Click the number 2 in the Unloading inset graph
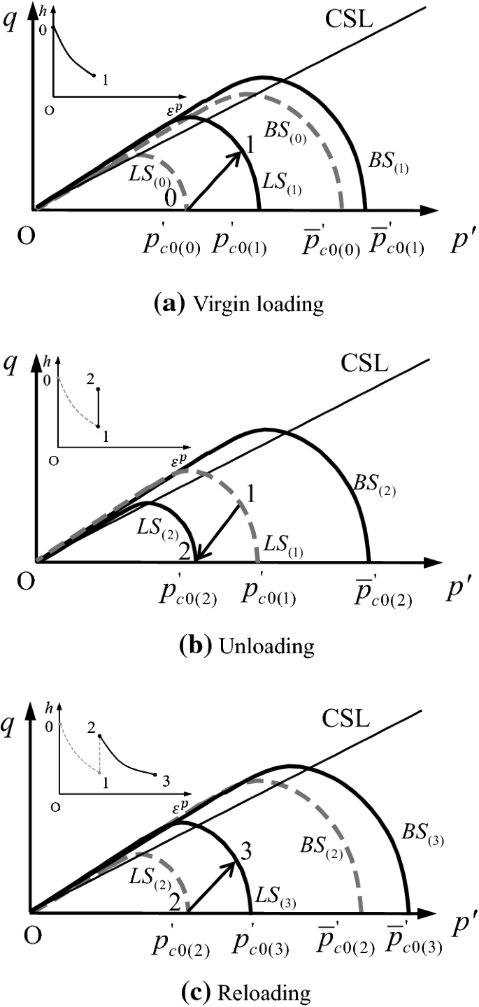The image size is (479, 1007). tap(90, 378)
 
